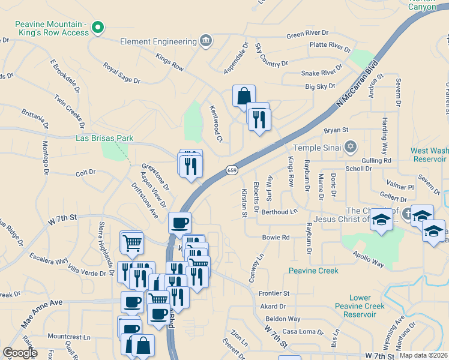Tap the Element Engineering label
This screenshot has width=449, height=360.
coord(158,42)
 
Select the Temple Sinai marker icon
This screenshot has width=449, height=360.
coord(351,147)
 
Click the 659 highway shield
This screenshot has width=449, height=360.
coord(232,170)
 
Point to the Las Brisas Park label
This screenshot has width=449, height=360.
coord(104,138)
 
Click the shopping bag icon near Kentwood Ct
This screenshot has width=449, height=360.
coord(244,95)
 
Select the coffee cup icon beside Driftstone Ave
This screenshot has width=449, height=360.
coord(179,223)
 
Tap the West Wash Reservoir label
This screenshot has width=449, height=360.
coord(429,155)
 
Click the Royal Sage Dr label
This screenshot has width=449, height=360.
coord(121,73)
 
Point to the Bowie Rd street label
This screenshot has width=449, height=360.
coord(276,238)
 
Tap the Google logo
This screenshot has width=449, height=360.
coord(20,353)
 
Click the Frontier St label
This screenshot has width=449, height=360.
coord(274,293)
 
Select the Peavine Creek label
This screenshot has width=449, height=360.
coord(313,271)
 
